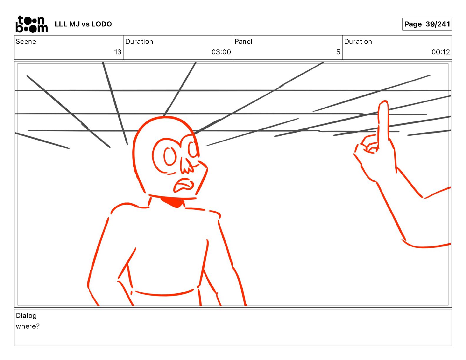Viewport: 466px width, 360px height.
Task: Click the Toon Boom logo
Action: point(32,24)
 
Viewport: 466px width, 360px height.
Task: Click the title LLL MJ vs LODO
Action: point(83,24)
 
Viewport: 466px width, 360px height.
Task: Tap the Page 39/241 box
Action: point(427,24)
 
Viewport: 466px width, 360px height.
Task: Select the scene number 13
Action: point(118,52)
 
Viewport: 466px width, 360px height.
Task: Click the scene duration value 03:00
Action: point(221,52)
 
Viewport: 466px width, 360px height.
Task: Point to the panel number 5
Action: point(338,52)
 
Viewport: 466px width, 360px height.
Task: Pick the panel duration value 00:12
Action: point(440,52)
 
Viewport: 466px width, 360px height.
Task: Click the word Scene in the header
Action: point(26,41)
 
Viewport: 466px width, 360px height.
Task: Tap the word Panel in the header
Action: point(243,41)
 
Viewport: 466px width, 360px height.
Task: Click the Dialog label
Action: point(26,316)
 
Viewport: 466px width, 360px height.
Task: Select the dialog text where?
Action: point(28,326)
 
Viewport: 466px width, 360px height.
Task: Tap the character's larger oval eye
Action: point(170,156)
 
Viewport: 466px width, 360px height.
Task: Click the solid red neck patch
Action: point(173,202)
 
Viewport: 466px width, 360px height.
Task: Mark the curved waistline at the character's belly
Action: point(164,294)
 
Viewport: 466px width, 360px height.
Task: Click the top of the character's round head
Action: point(166,117)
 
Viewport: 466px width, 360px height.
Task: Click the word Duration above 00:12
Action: point(358,41)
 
